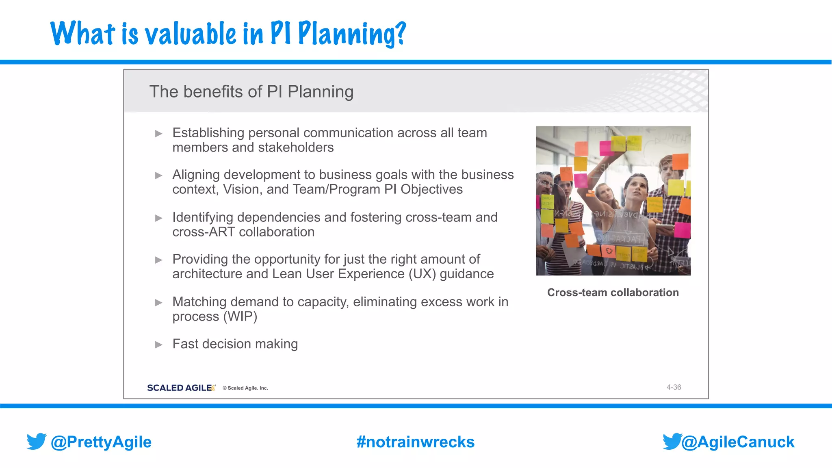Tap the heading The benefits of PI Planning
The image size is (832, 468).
click(251, 92)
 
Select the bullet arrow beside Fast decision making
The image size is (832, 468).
click(159, 345)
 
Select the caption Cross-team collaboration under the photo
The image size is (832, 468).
click(613, 292)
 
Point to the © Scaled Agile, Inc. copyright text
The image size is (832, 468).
click(245, 388)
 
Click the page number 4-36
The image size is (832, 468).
click(674, 388)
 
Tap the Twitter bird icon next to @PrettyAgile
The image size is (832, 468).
click(37, 441)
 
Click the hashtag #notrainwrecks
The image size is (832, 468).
click(415, 442)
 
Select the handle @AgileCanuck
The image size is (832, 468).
click(738, 442)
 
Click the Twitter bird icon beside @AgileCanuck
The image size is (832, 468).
click(672, 441)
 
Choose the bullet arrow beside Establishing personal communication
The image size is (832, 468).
click(159, 134)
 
